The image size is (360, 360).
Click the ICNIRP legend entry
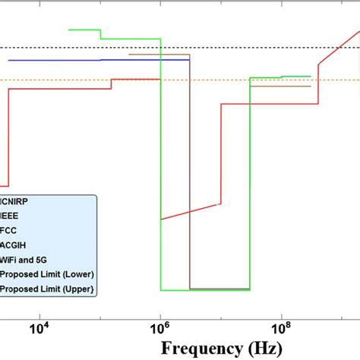click(x=21, y=202)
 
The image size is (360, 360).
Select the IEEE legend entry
click(x=13, y=216)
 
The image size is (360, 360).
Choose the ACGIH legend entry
click(x=15, y=245)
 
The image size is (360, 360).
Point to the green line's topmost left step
click(x=84, y=30)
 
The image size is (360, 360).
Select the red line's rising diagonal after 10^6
click(x=190, y=211)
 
